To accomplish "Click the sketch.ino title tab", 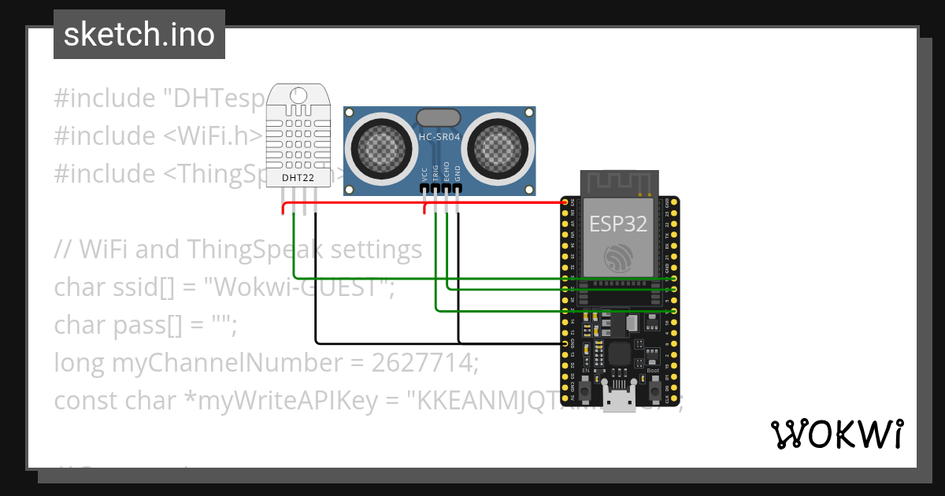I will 139,35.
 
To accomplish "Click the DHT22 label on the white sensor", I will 297,179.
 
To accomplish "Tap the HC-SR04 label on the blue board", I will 439,136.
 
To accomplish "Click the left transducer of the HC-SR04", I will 380,146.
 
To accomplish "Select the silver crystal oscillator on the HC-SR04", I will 438,117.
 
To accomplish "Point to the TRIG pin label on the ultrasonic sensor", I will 435,172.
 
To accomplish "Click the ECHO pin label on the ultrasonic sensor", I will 447,172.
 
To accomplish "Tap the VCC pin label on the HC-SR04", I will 424,173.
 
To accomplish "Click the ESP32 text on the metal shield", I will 618,224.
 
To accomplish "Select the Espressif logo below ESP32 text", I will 618,257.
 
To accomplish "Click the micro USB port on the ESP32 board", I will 618,399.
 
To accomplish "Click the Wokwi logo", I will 836,434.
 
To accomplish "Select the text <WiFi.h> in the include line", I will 213,136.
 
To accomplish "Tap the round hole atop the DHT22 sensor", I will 298,95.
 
